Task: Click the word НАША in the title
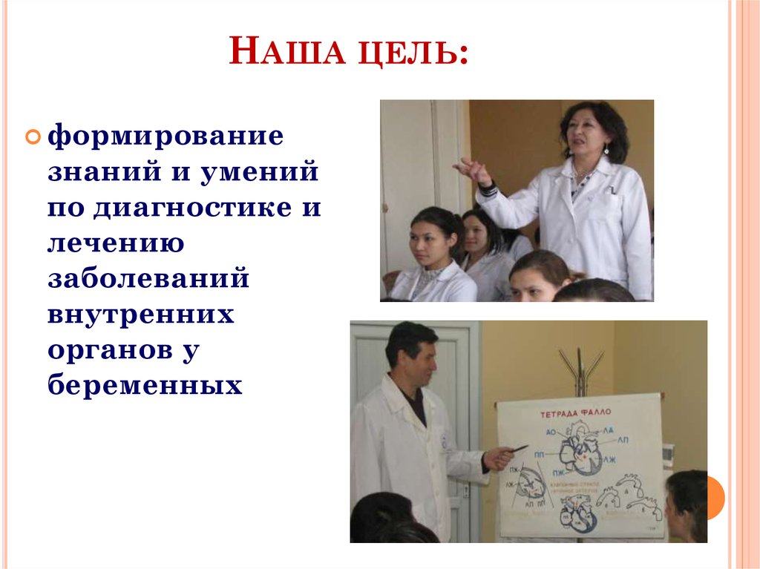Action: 286,56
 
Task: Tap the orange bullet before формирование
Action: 34,137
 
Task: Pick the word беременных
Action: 145,385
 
